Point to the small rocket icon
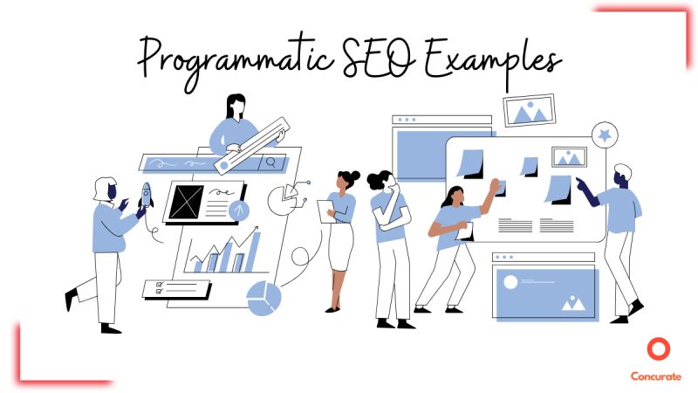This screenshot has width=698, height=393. point(146,199)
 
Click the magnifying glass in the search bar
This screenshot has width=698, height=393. point(271,162)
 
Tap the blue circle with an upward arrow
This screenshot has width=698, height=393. point(239,210)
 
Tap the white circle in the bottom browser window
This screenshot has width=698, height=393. point(511,280)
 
